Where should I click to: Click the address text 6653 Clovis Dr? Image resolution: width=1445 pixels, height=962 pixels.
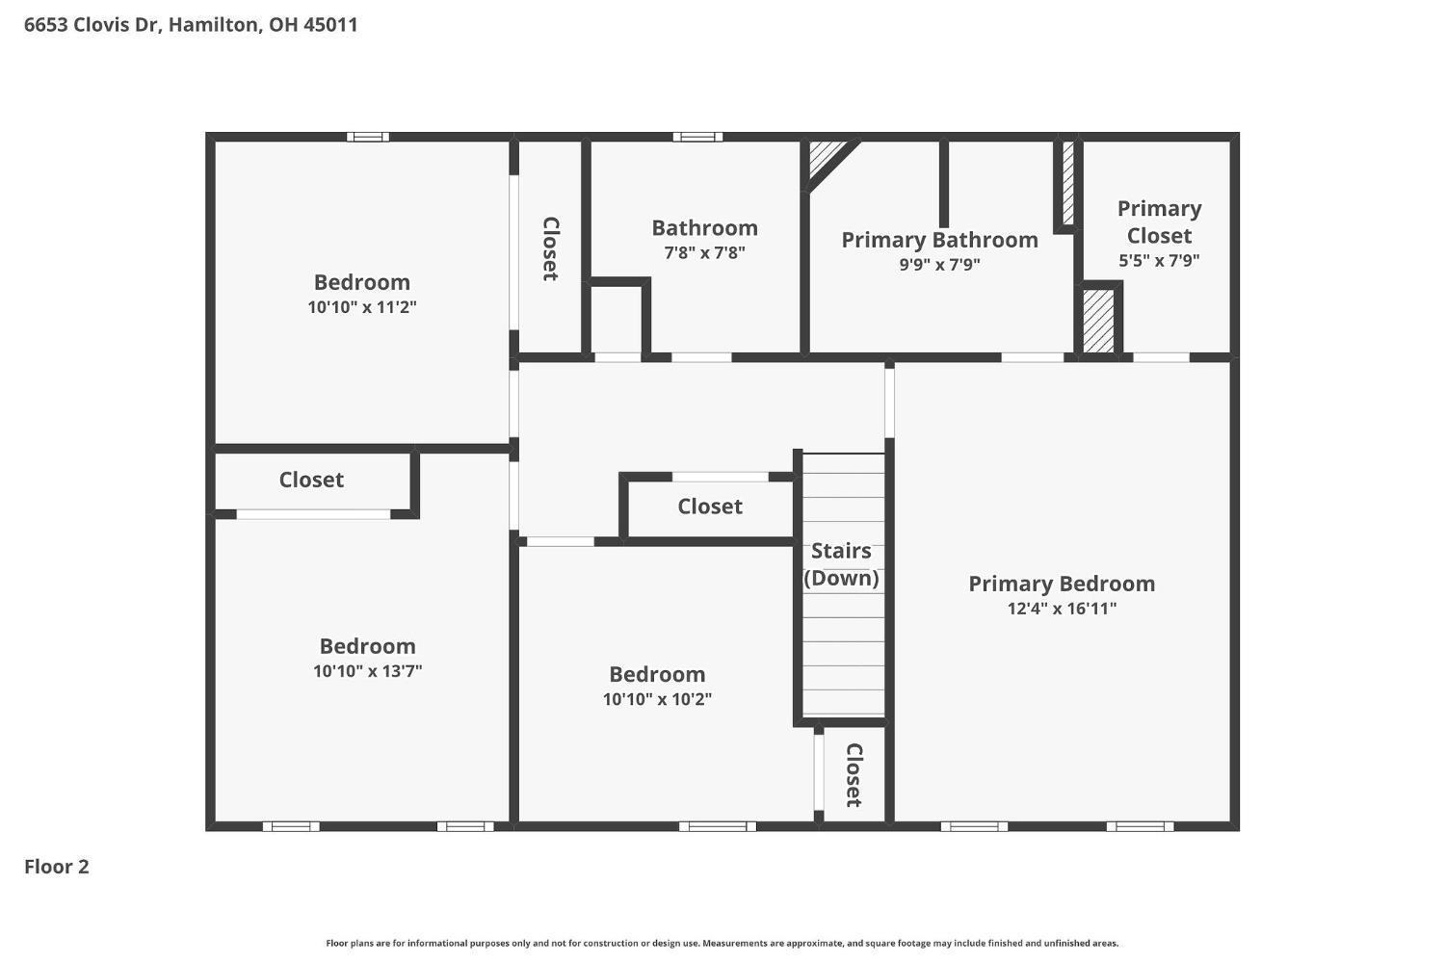pos(92,24)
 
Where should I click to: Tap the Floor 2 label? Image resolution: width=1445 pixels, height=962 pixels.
pos(57,867)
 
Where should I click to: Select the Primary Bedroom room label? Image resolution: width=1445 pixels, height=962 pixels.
pos(1062,585)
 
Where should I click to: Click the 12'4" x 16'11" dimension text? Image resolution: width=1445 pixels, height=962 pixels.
pos(1062,609)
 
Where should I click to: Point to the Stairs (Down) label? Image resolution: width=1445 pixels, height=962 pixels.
pos(841,564)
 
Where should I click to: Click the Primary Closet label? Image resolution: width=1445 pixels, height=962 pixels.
pos(1159,221)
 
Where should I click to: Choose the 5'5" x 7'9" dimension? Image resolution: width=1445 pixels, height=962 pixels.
pos(1159,261)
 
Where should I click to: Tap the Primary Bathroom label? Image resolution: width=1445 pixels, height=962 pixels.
pos(940,240)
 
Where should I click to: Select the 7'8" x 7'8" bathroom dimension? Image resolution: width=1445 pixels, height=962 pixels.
pos(704,252)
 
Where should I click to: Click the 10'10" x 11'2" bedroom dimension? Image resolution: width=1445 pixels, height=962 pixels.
pos(362,307)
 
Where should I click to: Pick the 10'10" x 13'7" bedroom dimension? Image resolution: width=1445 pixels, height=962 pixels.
pos(368,671)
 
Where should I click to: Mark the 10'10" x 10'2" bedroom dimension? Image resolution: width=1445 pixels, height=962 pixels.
pos(657,699)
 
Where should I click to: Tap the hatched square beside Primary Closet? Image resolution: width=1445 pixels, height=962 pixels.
pos(1098,321)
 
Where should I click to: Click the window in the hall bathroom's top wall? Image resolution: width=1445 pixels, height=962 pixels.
pos(697,137)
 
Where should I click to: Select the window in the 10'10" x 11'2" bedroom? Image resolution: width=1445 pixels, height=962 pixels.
pos(368,137)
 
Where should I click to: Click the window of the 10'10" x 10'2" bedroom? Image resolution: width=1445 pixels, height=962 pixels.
pos(718,826)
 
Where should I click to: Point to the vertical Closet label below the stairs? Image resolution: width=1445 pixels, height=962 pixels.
pos(854,775)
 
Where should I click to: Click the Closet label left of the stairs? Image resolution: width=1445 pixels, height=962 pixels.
pos(710,507)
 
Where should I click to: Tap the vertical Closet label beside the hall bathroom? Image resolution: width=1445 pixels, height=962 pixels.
pos(550,248)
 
